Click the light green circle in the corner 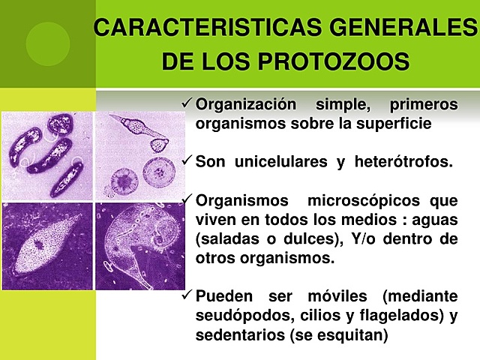[47, 43]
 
